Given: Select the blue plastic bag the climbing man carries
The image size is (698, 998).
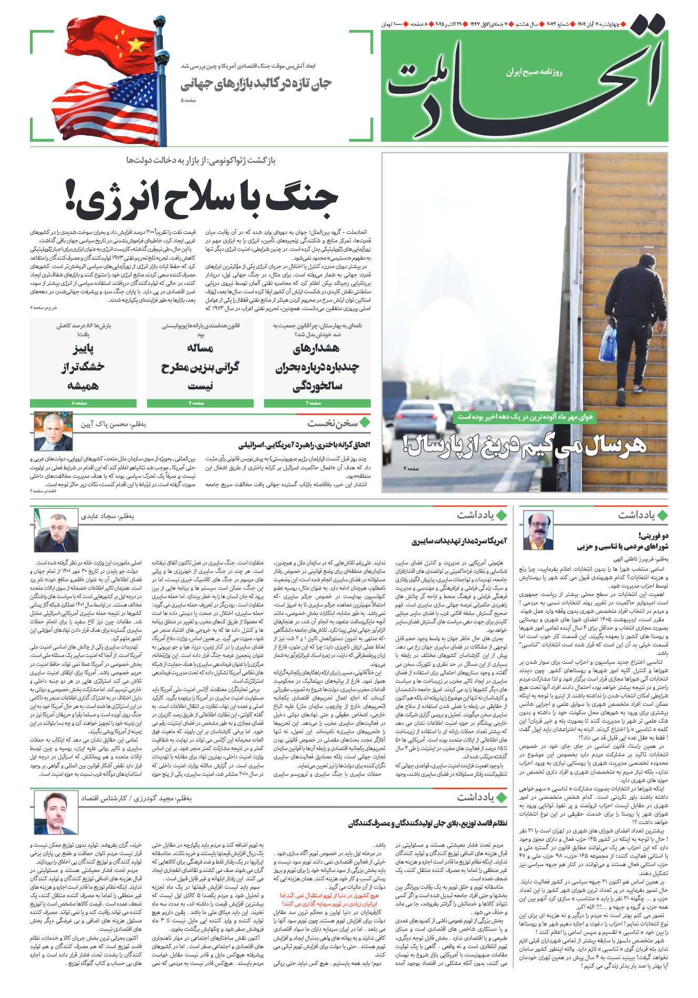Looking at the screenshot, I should tap(608, 344).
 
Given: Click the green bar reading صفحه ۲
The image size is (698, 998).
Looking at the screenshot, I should tap(317, 403).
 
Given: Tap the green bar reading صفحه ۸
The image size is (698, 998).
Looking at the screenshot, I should tap(83, 403).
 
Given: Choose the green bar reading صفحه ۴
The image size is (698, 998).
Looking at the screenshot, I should tap(200, 403).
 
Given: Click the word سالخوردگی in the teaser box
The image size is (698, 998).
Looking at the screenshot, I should tap(317, 386).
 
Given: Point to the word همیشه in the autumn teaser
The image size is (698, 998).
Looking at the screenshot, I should tap(83, 386).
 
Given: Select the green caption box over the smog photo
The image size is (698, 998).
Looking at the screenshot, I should tap(524, 417).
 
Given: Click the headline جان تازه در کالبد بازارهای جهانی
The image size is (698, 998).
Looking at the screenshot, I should tap(256, 84).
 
